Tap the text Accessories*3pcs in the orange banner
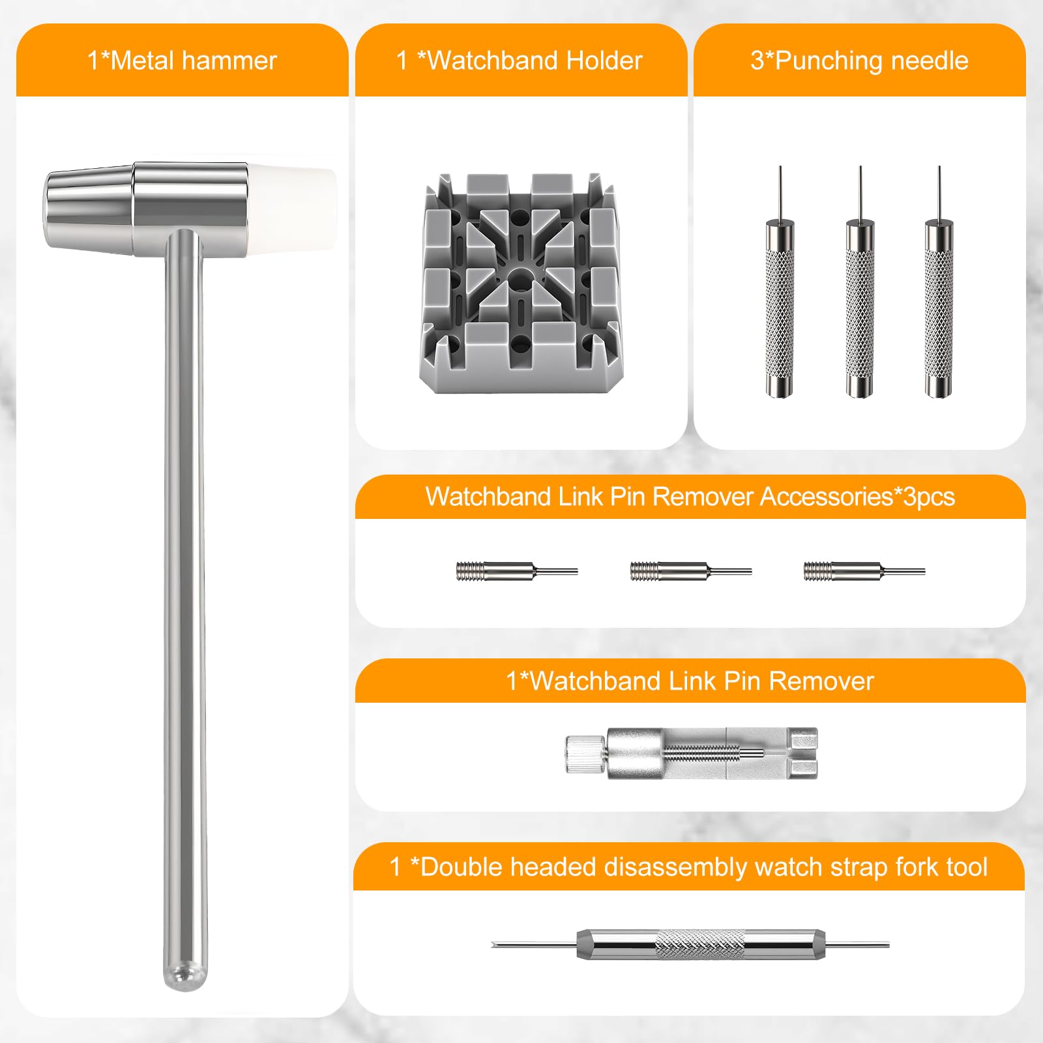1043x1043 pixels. [857, 497]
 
